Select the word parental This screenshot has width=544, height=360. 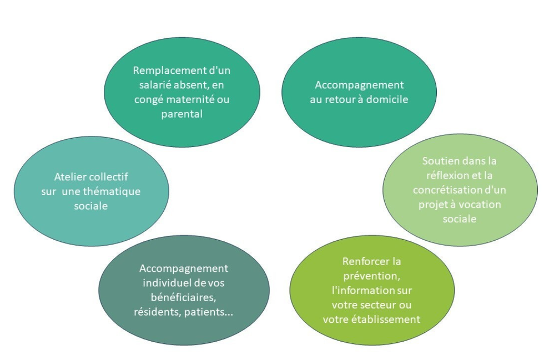(x=182, y=114)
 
